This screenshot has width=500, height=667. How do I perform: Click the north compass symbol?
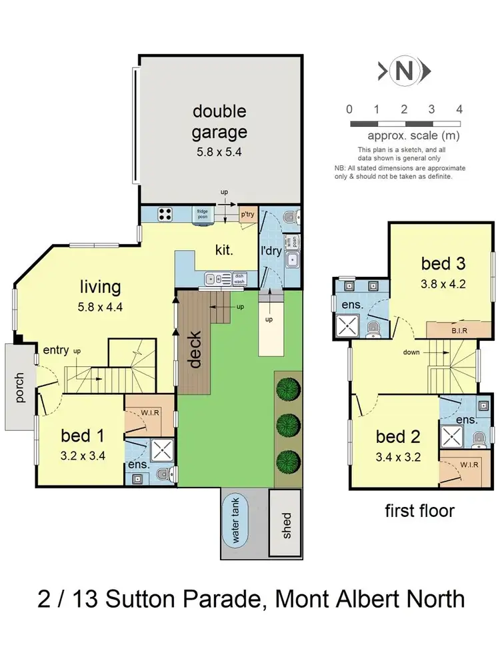tap(405, 71)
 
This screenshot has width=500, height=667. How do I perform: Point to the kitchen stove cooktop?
tap(164, 215)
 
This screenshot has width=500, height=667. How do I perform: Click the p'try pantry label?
tap(248, 214)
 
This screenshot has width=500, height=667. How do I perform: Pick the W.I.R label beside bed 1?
tap(149, 412)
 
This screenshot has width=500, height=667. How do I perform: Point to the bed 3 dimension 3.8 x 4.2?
tap(442, 283)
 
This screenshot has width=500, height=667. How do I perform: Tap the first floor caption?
tap(419, 511)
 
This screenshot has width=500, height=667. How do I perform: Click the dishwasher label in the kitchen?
tap(239, 281)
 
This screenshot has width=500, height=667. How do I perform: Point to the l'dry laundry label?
tap(270, 251)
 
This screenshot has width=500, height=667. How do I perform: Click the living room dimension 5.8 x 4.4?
tap(101, 309)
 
